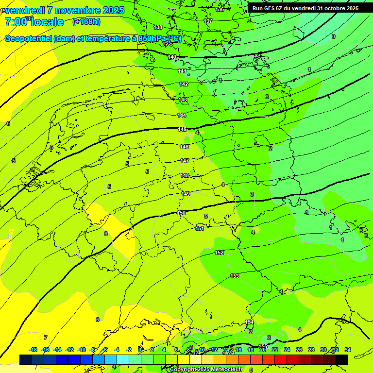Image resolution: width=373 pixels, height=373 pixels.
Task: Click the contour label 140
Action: pos(172,57)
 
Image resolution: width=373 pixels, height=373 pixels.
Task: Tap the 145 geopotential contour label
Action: pos(182,129)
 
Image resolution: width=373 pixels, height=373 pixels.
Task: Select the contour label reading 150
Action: pos(181,213)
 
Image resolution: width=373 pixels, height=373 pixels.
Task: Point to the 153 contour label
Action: pos(235,276)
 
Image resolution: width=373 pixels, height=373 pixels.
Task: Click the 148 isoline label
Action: pos(185,175)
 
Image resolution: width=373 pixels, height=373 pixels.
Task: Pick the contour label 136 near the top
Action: pos(220,9)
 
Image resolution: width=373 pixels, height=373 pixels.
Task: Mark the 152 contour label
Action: pos(219,253)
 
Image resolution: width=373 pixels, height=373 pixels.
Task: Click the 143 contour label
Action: pos(183,100)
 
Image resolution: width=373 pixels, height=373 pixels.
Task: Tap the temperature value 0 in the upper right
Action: pos(333,36)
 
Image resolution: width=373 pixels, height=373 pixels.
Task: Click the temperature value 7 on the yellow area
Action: pos(46,337)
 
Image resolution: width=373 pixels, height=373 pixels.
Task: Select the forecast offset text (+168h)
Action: pos(86,21)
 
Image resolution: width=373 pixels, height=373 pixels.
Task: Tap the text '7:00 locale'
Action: pos(34,22)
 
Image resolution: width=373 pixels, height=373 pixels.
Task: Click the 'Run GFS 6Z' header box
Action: pos(305,8)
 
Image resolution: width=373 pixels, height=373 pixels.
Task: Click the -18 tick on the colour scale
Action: pos(34,350)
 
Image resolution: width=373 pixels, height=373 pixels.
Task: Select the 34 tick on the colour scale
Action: pos(347,350)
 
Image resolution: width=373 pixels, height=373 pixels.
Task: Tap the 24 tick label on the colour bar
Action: pos(287,350)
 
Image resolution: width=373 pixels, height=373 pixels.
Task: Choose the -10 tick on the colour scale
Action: pos(82,350)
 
